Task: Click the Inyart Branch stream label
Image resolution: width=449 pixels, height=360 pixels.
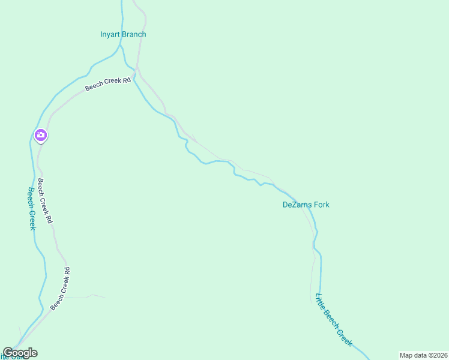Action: (123, 34)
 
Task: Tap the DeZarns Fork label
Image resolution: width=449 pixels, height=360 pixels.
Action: (306, 205)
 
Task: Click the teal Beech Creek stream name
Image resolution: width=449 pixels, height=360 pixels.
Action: (32, 208)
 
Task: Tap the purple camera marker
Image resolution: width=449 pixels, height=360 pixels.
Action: (40, 135)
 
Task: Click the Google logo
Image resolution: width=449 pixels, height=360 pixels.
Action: (20, 353)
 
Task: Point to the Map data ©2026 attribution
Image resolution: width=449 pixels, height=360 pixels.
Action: (423, 355)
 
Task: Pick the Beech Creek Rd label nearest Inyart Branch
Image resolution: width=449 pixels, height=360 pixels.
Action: (107, 84)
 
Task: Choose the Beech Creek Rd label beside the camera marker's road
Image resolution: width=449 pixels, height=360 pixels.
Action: (45, 201)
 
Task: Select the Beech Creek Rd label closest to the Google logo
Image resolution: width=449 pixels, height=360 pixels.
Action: (61, 289)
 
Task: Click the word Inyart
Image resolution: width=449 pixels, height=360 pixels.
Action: (110, 34)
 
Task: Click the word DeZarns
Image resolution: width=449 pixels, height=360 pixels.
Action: (296, 205)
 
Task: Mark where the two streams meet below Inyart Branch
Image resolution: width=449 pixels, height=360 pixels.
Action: (133, 76)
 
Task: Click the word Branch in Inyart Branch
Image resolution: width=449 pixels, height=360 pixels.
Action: (134, 34)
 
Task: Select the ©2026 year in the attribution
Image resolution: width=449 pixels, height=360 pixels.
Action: (436, 355)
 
